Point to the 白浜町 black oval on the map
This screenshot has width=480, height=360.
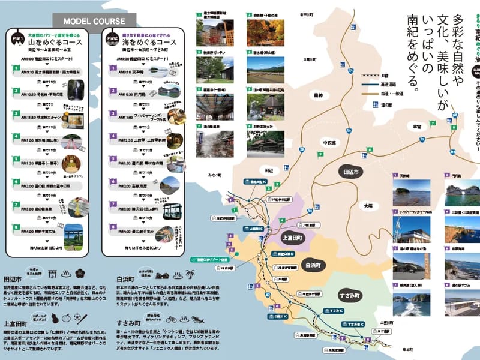312,264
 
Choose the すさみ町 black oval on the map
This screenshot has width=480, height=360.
347,296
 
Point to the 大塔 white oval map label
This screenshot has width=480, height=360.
367,206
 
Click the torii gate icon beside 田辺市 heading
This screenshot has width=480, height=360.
52,273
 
